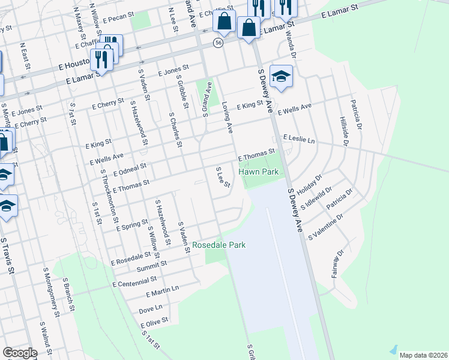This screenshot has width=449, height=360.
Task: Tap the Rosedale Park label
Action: [x=218, y=245]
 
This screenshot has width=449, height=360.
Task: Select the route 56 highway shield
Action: [x=218, y=43]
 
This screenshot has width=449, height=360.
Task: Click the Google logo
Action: [x=20, y=353]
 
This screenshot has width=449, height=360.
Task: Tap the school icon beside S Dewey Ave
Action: [x=281, y=77]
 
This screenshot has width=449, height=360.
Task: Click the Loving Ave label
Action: [x=228, y=117]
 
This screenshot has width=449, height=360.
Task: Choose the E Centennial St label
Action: [x=134, y=281]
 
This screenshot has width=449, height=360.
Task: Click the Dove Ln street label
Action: [x=151, y=309]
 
